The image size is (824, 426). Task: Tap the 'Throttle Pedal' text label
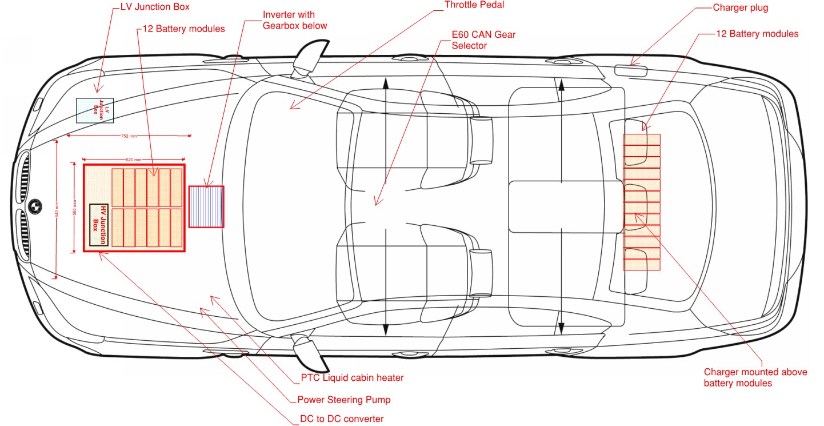tap(474, 5)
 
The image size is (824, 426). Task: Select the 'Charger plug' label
tap(741, 8)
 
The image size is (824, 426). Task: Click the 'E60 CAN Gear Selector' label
tap(483, 40)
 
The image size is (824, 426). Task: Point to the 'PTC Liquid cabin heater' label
tap(352, 378)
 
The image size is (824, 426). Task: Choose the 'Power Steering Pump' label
tap(344, 400)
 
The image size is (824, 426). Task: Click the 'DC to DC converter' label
tap(342, 419)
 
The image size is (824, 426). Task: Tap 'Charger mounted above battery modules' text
tap(755, 377)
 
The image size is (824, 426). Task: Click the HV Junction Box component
tap(99, 225)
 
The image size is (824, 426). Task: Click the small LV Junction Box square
tap(95, 110)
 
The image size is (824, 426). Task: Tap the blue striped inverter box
tap(206, 206)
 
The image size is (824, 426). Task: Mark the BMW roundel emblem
tap(35, 205)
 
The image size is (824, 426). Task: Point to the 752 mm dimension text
tap(129, 136)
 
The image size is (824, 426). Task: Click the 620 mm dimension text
tap(134, 160)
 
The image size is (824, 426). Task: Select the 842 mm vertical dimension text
tap(56, 210)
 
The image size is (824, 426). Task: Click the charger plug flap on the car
tap(631, 70)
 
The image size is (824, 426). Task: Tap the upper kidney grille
tap(25, 175)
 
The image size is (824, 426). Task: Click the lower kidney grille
tap(25, 233)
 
